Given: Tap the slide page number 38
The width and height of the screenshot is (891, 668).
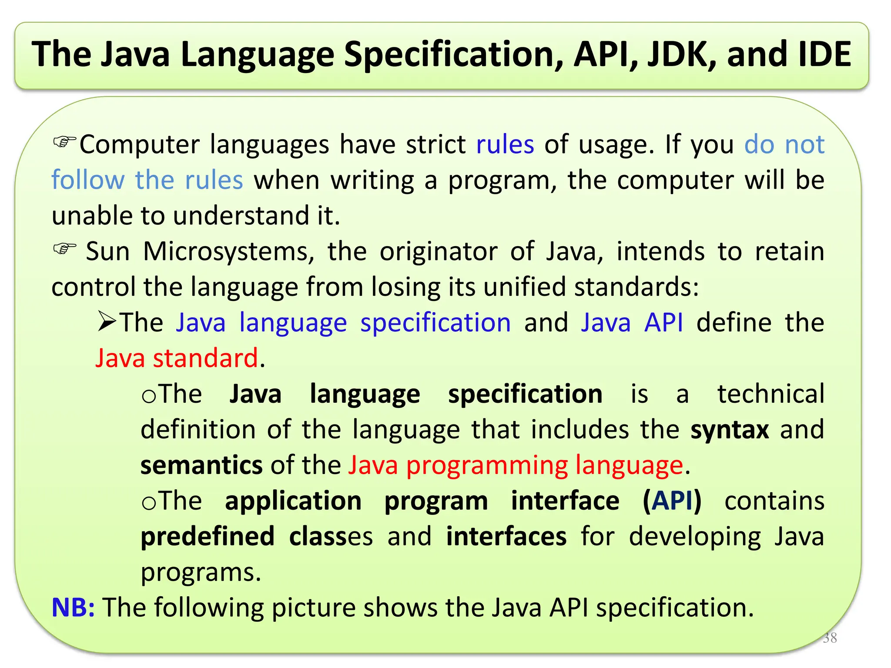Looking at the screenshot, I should pyautogui.click(x=830, y=638).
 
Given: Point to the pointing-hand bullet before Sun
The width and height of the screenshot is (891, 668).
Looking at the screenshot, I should pyautogui.click(x=64, y=249).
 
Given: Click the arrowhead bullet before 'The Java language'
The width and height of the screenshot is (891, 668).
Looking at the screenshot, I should pyautogui.click(x=107, y=322).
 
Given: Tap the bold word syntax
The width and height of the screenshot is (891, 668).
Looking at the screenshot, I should pyautogui.click(x=730, y=430).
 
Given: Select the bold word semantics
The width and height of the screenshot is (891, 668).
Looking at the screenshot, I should pyautogui.click(x=201, y=465).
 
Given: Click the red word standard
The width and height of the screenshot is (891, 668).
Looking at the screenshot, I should pyautogui.click(x=205, y=358).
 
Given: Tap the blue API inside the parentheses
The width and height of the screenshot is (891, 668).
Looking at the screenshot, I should pyautogui.click(x=672, y=501).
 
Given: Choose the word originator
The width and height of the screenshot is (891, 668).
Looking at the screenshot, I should pyautogui.click(x=439, y=252).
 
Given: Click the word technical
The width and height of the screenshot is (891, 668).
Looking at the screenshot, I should pyautogui.click(x=770, y=394).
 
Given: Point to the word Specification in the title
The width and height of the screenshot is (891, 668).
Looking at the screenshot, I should pyautogui.click(x=453, y=54).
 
